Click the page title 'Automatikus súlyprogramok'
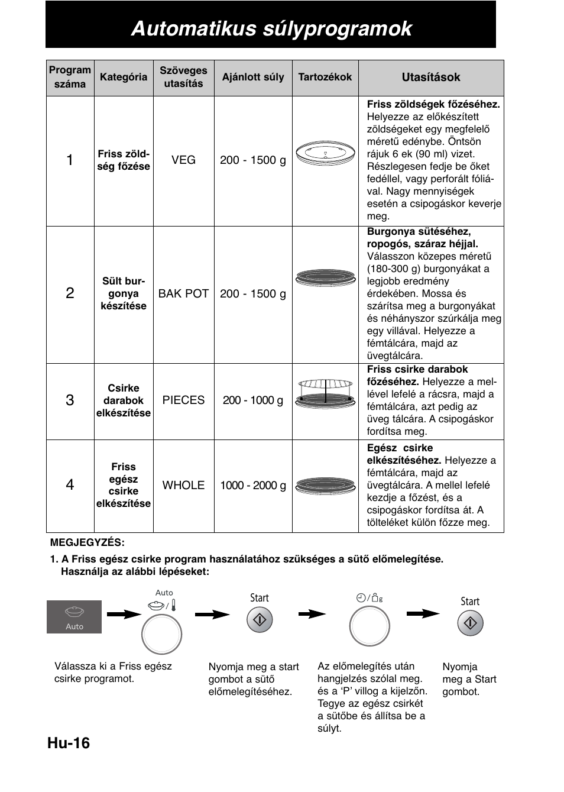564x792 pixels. point(271,28)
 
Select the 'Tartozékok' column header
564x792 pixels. point(325,77)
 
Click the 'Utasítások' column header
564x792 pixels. point(430,77)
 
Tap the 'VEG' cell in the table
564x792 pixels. point(183,160)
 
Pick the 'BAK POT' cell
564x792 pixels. point(183,294)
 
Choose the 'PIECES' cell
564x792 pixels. point(183,400)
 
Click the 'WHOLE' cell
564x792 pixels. point(183,486)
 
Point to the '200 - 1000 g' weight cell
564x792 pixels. point(252,400)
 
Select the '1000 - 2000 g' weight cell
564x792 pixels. point(252,486)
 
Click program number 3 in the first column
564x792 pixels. point(70,400)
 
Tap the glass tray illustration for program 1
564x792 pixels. point(325,154)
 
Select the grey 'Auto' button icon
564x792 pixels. point(74,617)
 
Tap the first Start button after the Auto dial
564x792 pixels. point(259,620)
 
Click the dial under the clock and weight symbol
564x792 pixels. point(369,626)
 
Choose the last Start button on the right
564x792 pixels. point(470,623)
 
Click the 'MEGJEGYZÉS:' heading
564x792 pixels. point(87,542)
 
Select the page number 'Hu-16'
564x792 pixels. point(69,743)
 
